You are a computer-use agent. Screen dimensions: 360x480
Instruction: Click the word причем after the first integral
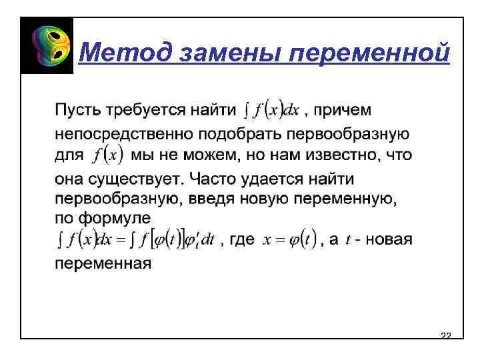pos(343,108)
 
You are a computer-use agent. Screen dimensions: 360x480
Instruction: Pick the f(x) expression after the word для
pos(109,155)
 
